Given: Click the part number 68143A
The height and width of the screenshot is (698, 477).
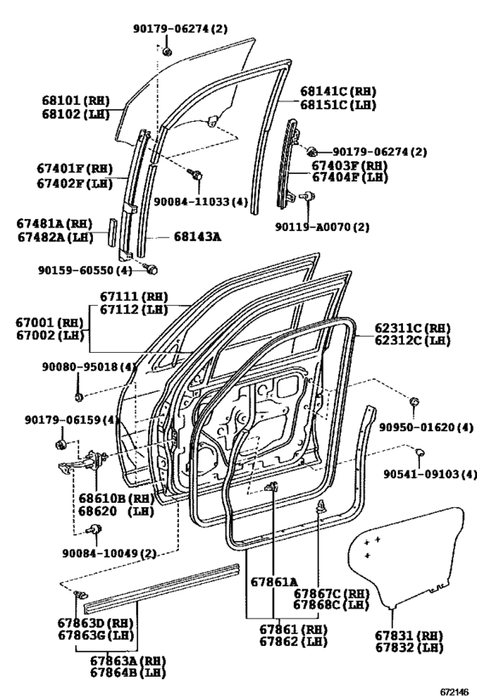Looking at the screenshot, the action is click(x=197, y=237).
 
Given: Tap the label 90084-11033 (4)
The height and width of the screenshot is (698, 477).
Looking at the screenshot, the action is click(x=201, y=202).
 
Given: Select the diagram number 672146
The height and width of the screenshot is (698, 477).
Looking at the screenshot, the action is click(x=455, y=692).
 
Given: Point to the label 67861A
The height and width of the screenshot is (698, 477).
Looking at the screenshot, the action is click(x=274, y=581).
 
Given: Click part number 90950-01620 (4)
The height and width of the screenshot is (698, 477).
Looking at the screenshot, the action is click(x=426, y=427).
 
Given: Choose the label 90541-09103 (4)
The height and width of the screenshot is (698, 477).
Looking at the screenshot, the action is click(x=430, y=474).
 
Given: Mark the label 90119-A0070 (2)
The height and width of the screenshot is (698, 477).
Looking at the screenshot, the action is click(x=322, y=227).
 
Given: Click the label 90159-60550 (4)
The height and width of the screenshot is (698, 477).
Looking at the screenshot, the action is click(x=85, y=270).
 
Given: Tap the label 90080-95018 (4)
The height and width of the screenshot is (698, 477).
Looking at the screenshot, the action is click(x=89, y=366).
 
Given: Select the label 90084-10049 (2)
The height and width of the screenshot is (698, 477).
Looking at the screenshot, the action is click(x=110, y=553).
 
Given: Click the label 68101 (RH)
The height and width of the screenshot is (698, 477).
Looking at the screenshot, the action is click(x=76, y=101).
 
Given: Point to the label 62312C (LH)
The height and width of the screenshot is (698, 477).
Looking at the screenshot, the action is click(x=412, y=341).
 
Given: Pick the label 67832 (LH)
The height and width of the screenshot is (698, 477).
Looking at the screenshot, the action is click(x=410, y=648).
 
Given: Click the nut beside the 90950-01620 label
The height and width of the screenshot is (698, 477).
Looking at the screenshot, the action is click(x=415, y=401).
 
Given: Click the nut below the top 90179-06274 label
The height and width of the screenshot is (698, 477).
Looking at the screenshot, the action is click(x=167, y=51).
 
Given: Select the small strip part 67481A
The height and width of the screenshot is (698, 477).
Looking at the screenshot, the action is click(x=112, y=231).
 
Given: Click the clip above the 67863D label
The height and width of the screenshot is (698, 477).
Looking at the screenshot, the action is click(x=81, y=595).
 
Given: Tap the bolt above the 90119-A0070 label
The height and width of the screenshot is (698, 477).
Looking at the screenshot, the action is click(x=307, y=195).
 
